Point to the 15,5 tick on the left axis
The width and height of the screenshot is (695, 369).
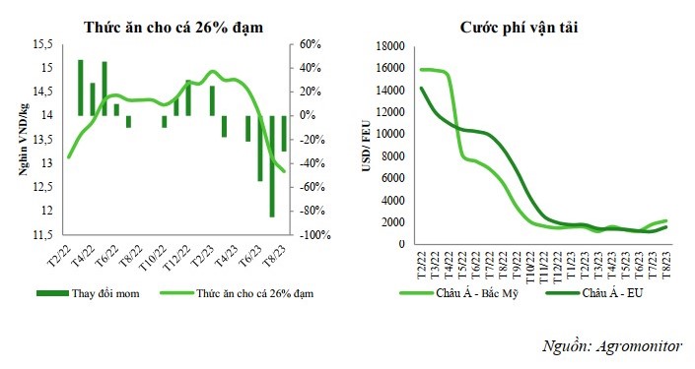(x=41, y=45)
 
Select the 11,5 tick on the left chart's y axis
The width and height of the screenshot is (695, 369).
(x=41, y=235)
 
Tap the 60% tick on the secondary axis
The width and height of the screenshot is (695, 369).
(x=312, y=45)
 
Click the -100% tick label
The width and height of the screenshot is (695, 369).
(x=314, y=235)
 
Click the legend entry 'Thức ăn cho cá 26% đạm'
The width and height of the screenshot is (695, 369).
(x=246, y=293)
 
